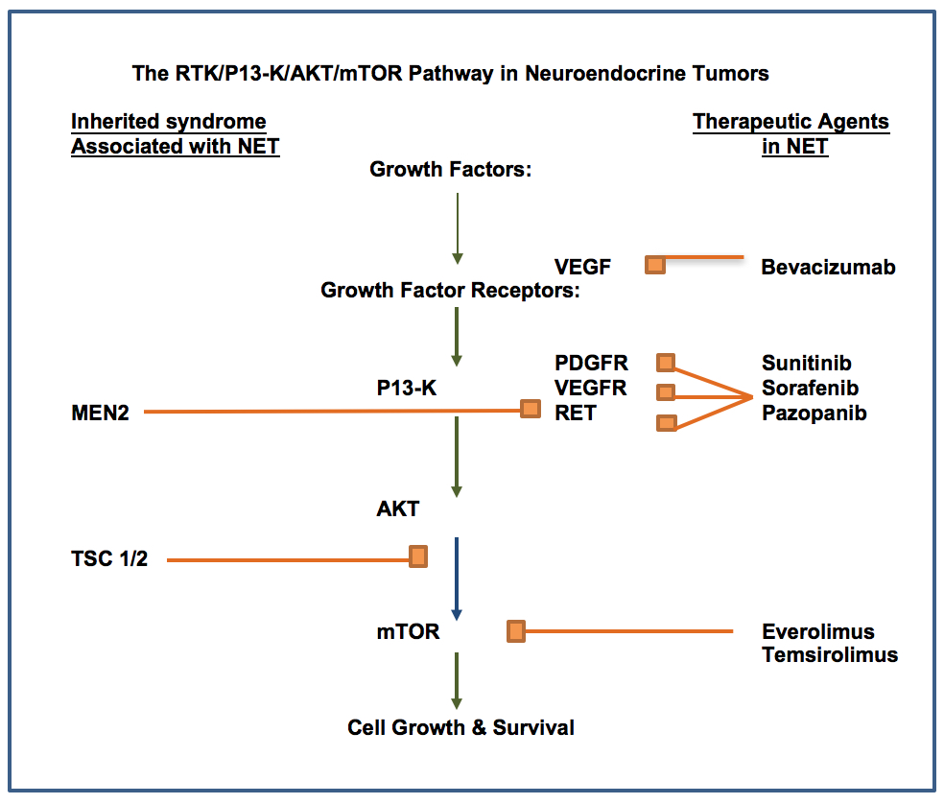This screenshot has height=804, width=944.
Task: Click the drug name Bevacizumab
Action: pos(828,267)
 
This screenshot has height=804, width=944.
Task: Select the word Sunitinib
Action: pos(806,364)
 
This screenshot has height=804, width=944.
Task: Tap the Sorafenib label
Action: pos(810,388)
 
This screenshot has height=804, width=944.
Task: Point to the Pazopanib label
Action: pos(814,414)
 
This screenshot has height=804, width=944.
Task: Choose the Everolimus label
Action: pos(817,631)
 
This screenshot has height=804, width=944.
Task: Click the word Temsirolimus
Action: pos(830,654)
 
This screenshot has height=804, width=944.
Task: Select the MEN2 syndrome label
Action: pos(100,414)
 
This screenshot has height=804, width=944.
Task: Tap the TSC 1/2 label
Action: pos(109,559)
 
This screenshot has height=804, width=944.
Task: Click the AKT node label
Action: pos(397,508)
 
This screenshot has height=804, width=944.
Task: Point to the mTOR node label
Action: pos(408,631)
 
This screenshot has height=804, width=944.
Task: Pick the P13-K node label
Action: pos(407,388)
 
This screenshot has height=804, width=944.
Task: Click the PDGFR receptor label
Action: pos(591,364)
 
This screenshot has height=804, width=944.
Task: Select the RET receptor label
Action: pos(575,414)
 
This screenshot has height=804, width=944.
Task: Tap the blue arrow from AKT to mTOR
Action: pos(457,579)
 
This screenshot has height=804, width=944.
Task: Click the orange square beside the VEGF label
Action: pos(655,265)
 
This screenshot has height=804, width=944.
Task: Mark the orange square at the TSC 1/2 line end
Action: pos(418,556)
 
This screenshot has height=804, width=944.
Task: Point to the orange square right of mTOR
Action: pos(516,631)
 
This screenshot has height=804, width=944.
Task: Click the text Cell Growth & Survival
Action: pos(460,727)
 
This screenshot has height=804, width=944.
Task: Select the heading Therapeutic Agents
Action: pos(791,122)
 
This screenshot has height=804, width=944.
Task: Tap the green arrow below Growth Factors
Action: pos(458,229)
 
